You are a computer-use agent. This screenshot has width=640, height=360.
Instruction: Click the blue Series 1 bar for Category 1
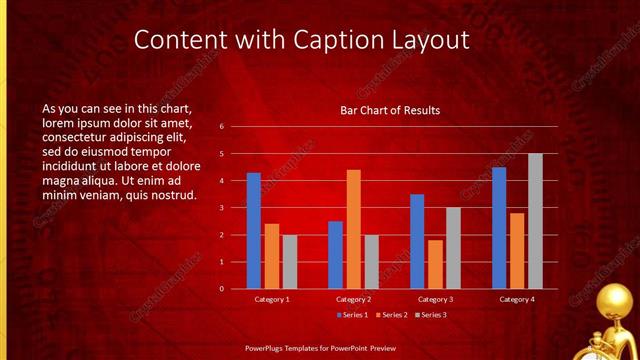[254, 230]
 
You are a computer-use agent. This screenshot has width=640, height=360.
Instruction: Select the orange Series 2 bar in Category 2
[353, 229]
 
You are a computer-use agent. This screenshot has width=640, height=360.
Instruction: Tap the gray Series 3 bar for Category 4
[535, 221]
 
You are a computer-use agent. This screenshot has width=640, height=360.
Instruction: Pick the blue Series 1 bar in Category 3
[417, 241]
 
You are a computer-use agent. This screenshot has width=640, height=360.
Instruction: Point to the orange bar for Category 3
[435, 264]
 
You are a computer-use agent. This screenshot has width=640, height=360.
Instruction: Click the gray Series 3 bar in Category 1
[289, 262]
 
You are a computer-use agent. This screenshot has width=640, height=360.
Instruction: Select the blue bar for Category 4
[499, 228]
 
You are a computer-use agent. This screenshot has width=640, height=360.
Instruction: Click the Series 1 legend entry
[353, 315]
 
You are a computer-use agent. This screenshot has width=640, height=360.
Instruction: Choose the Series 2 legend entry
[391, 315]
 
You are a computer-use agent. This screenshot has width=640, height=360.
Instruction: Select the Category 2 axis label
[353, 299]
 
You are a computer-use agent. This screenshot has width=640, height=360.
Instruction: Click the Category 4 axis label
[517, 299]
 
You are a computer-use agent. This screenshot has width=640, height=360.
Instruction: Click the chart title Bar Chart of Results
[390, 110]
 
